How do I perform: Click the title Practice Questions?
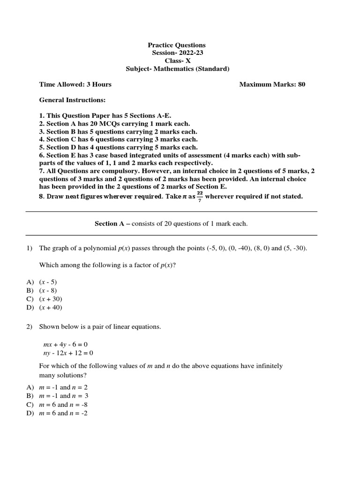coord(177,45)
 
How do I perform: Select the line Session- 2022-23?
coord(177,53)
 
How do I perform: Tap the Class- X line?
coord(177,61)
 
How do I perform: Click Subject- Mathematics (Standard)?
coord(178,69)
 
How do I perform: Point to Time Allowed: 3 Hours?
coord(75,84)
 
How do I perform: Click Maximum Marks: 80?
coord(272,84)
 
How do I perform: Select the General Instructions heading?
coord(72,100)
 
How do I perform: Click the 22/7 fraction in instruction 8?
coord(200,196)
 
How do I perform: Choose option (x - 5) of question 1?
coord(48,282)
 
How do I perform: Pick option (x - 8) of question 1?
coord(48,290)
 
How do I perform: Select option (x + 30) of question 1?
coord(51,299)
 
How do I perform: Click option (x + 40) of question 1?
coord(51,307)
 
